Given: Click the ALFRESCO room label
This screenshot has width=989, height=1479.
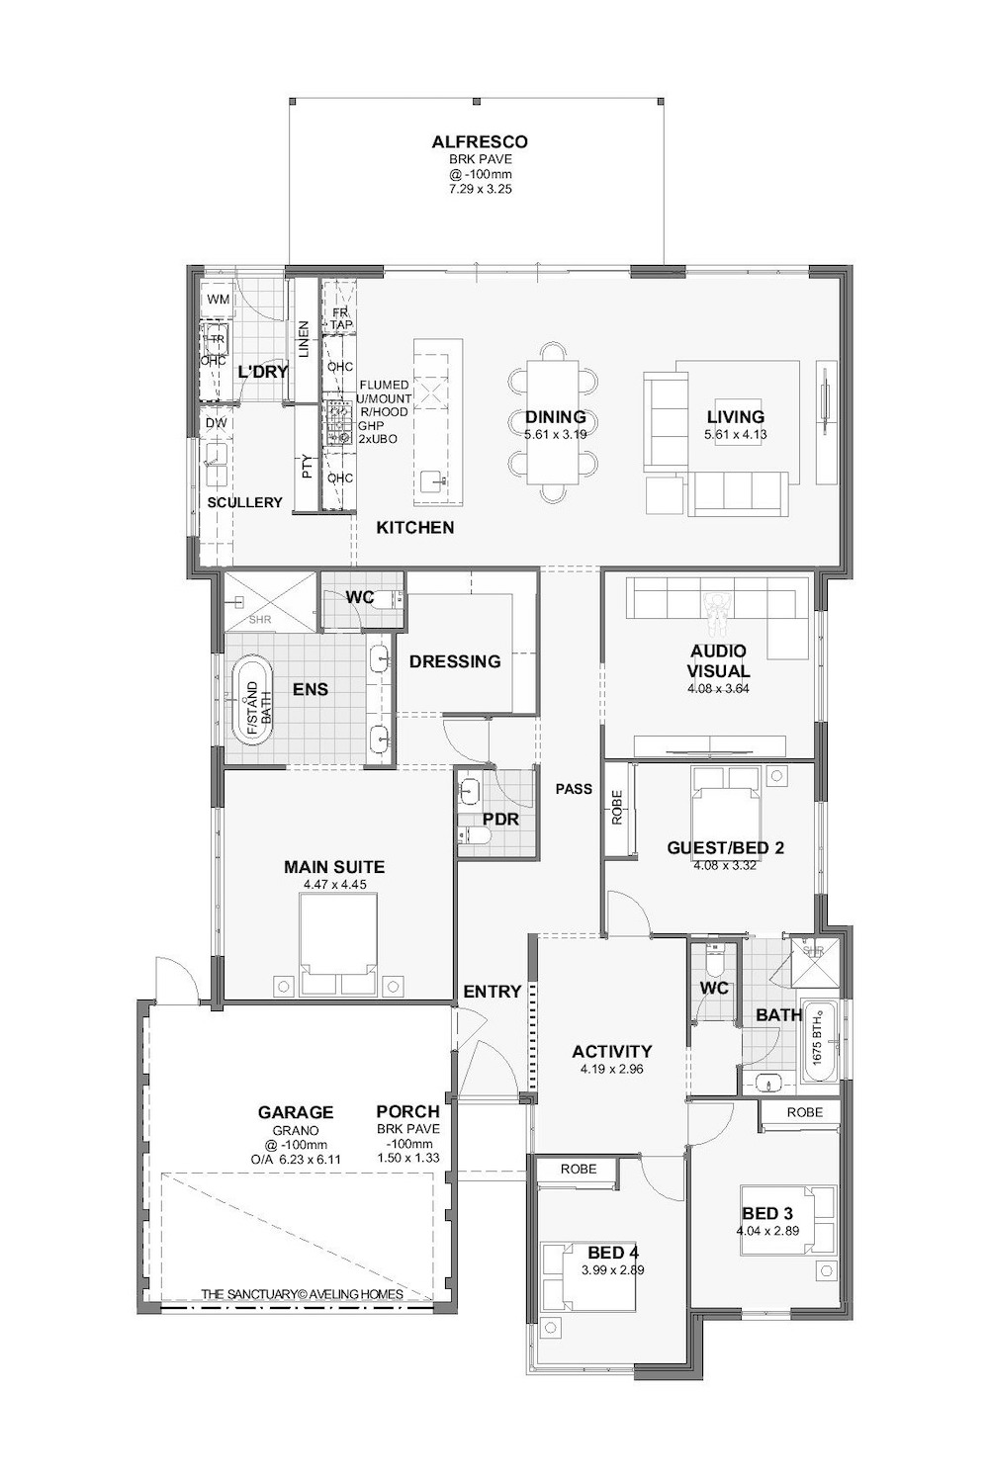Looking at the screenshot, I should (480, 142).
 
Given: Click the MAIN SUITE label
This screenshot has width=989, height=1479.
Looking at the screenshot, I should (334, 867).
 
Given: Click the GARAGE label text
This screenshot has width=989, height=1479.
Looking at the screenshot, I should (296, 1112).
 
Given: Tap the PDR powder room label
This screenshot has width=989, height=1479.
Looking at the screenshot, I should (500, 819).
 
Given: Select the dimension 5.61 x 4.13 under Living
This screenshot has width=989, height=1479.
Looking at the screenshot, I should (735, 435).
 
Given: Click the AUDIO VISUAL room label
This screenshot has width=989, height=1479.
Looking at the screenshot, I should (719, 660).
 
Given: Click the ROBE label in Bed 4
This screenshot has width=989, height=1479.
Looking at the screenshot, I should (579, 1169).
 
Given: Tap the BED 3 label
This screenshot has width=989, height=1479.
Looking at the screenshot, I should (767, 1214).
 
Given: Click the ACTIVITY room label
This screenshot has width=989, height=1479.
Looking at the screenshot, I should (612, 1051).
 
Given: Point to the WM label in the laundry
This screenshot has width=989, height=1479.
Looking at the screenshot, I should (218, 300).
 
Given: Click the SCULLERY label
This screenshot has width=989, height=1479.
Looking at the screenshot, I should (244, 502).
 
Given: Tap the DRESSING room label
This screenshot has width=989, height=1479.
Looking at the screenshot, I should (455, 661).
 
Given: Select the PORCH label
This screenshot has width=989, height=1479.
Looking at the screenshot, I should (407, 1112).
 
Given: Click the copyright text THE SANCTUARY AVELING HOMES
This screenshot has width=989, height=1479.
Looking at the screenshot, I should (302, 1294).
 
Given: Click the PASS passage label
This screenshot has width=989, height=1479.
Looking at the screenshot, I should (574, 789).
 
